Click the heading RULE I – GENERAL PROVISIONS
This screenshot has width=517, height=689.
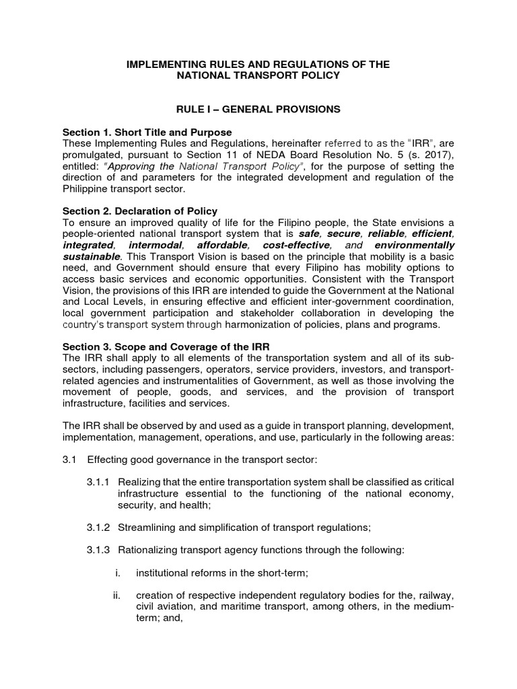point(258,108)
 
